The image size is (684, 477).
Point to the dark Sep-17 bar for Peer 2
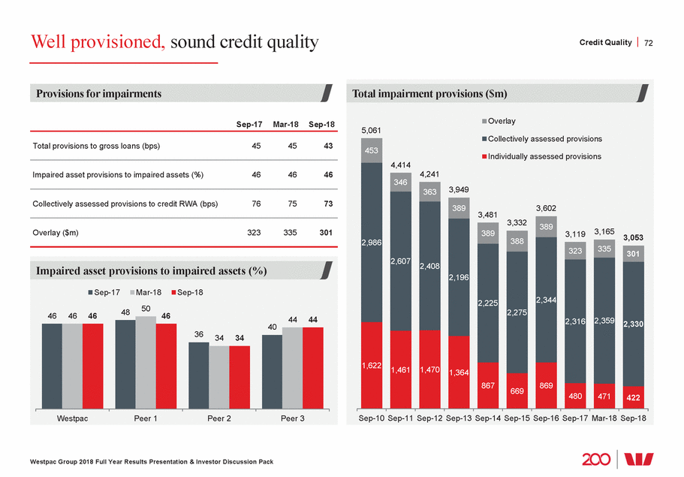tap(198, 376)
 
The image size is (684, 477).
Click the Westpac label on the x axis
tap(72, 419)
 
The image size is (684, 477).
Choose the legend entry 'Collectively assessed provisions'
tap(544, 139)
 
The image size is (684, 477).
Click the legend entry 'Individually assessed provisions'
tap(544, 156)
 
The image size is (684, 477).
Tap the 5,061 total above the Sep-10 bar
tap(372, 130)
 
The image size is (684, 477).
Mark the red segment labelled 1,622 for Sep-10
tap(372, 366)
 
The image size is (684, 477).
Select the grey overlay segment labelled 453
tap(372, 150)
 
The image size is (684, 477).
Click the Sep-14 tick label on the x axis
tap(488, 419)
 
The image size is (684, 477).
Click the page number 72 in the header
tap(649, 43)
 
